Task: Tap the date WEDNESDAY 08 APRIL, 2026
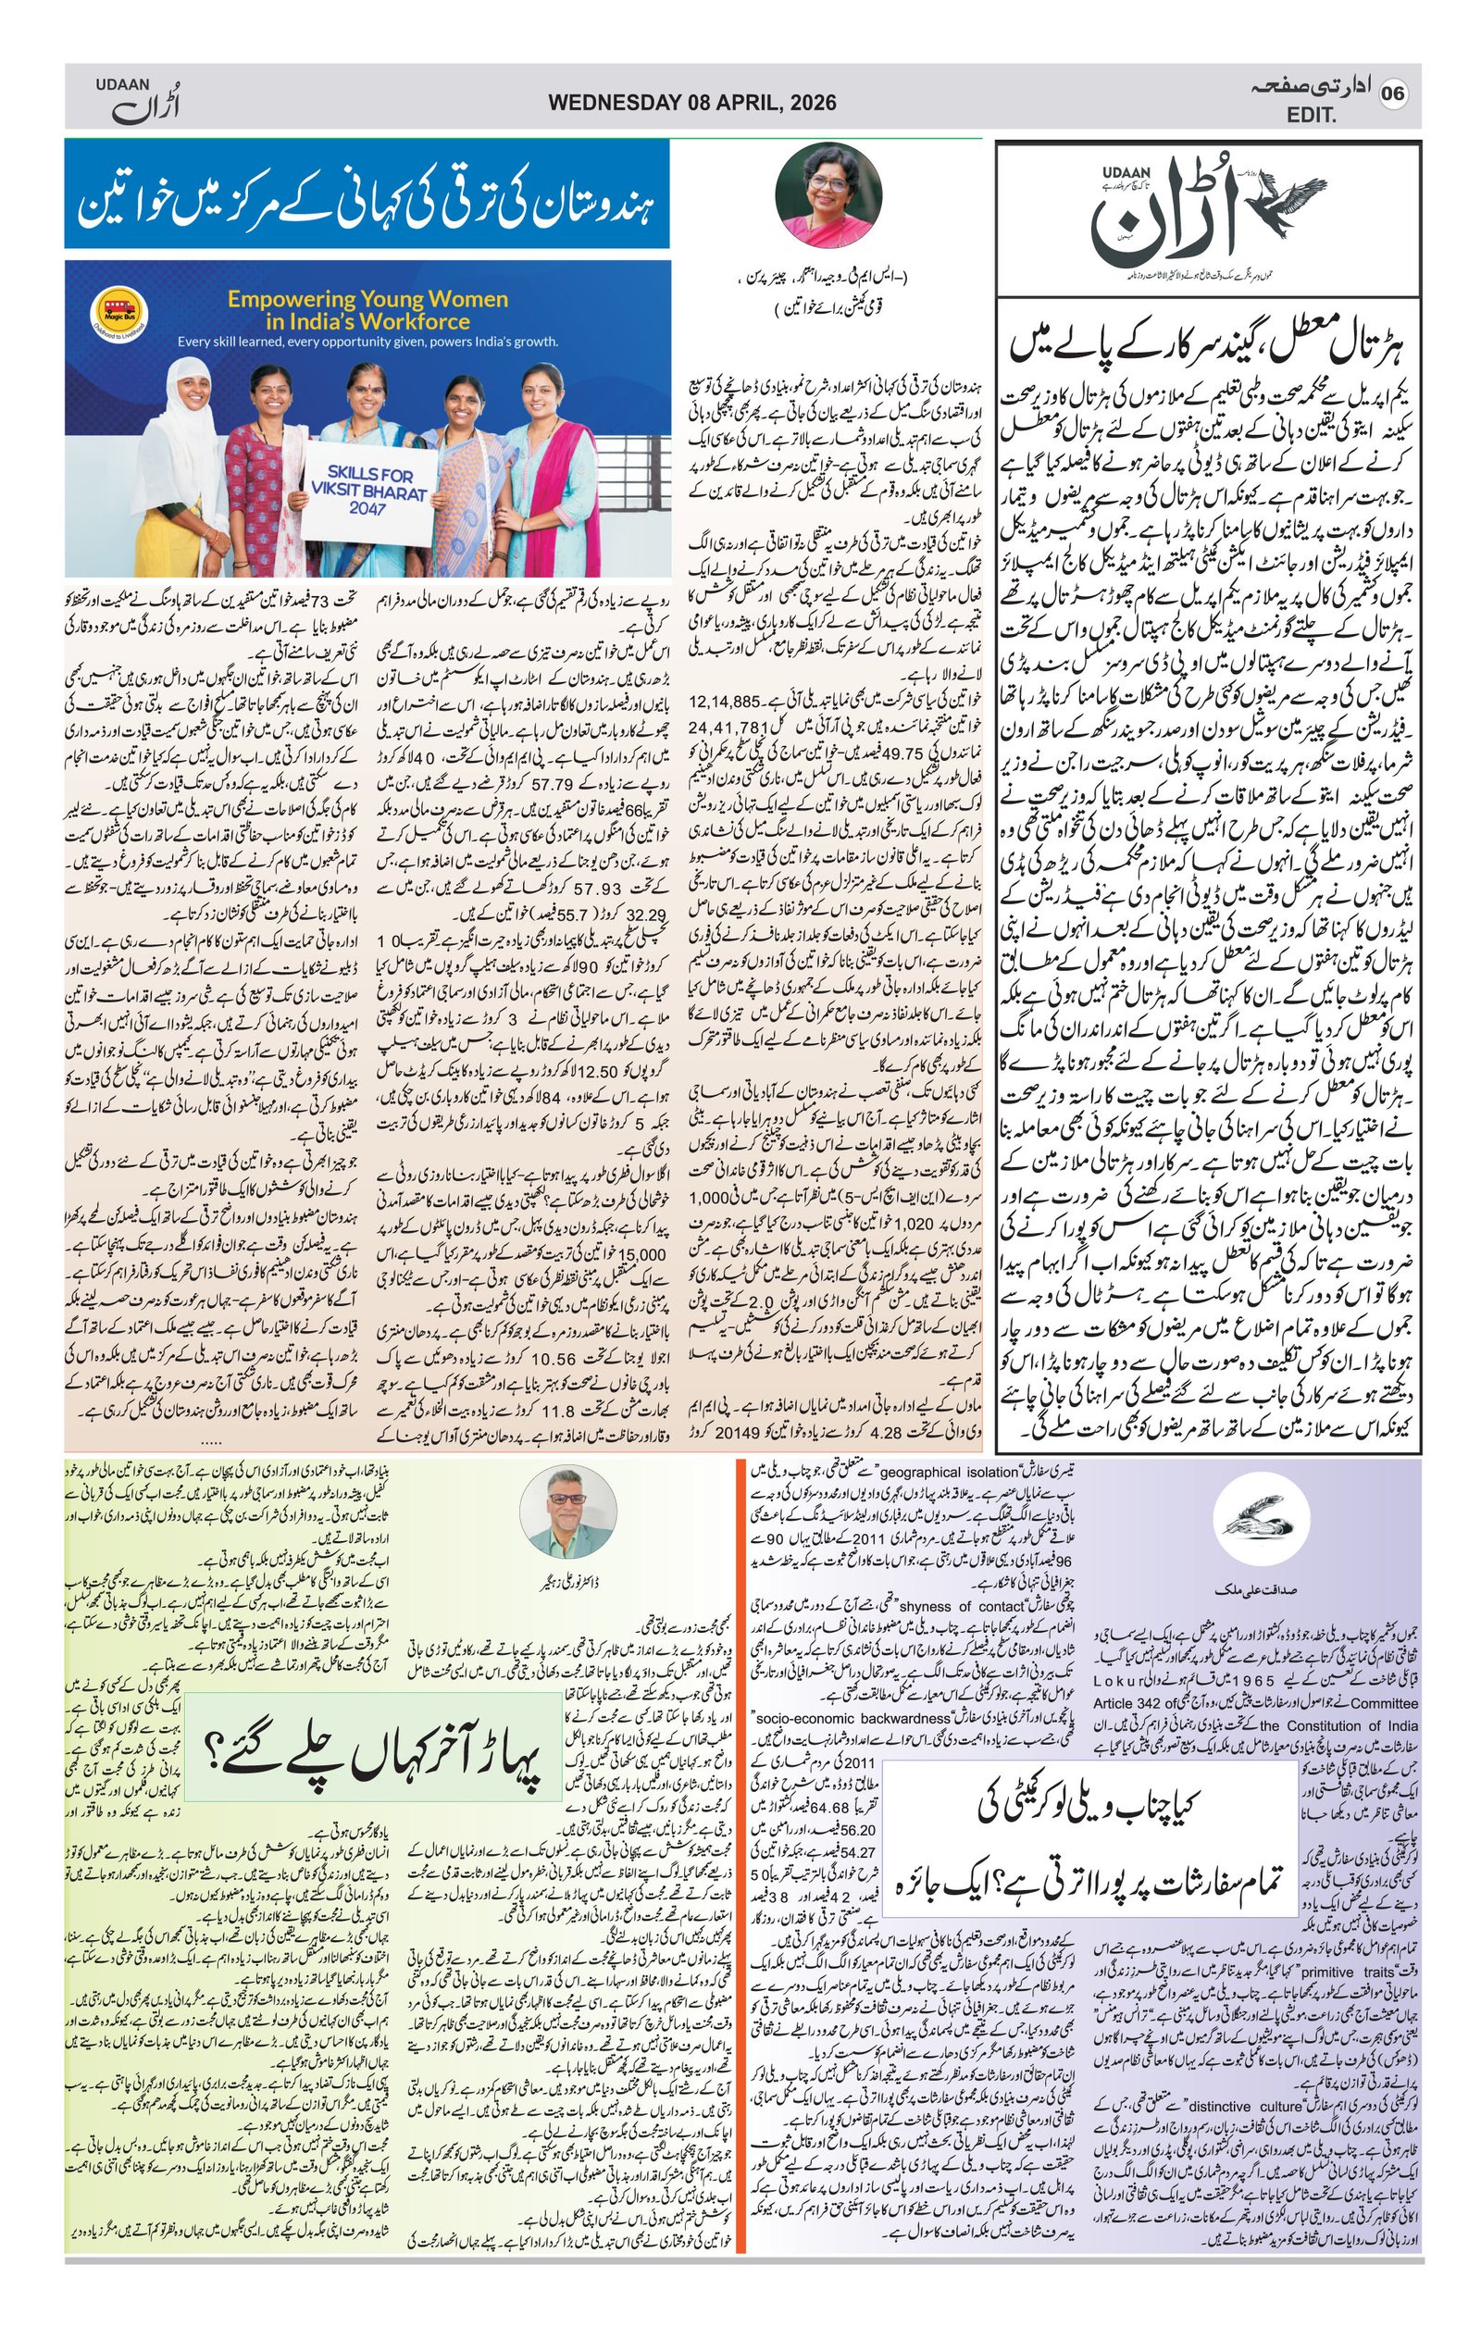click(691, 103)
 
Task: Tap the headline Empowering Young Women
click(367, 310)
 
